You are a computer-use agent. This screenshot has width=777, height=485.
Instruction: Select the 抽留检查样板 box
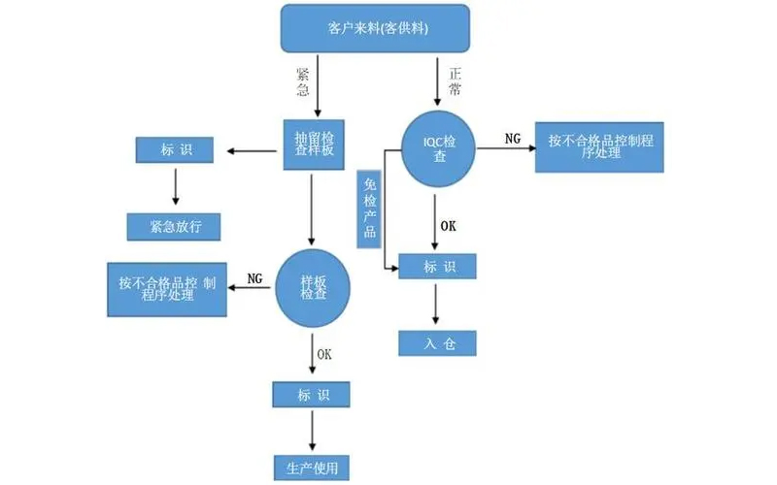pos(314,145)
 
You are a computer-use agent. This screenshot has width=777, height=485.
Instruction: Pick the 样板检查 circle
pos(314,287)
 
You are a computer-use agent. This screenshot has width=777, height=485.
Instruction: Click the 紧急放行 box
pos(174,226)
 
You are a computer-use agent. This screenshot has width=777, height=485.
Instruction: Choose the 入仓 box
pos(437,342)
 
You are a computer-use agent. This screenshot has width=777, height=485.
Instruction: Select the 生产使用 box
pos(312,466)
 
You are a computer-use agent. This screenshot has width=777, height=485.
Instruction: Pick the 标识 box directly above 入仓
pos(437,266)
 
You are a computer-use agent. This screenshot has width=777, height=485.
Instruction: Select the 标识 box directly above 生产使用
pos(312,395)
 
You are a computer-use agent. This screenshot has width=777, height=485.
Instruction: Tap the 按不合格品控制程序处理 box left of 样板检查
pos(168,289)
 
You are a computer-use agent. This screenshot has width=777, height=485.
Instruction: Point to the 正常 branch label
pos(456,80)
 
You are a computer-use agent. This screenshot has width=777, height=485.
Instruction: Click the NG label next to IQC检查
pos(513,139)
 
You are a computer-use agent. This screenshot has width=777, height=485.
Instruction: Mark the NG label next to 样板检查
pos(255,278)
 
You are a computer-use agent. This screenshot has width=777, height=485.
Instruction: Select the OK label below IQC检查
pos(449,226)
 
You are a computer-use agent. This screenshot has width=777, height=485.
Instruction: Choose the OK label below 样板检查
pos(323,354)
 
